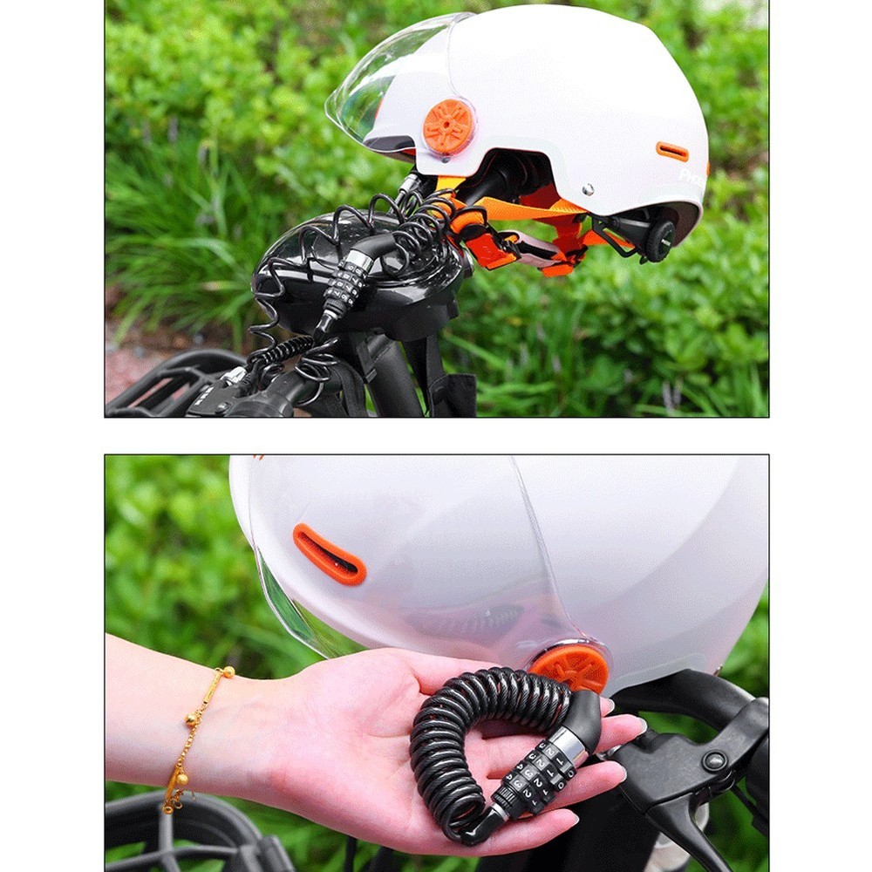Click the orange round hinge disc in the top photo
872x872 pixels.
448,127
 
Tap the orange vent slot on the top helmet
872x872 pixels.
672,152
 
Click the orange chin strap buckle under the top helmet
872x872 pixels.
494,249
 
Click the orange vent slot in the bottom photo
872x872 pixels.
330,555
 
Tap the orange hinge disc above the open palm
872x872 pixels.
569,668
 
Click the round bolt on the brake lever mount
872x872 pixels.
716,760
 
